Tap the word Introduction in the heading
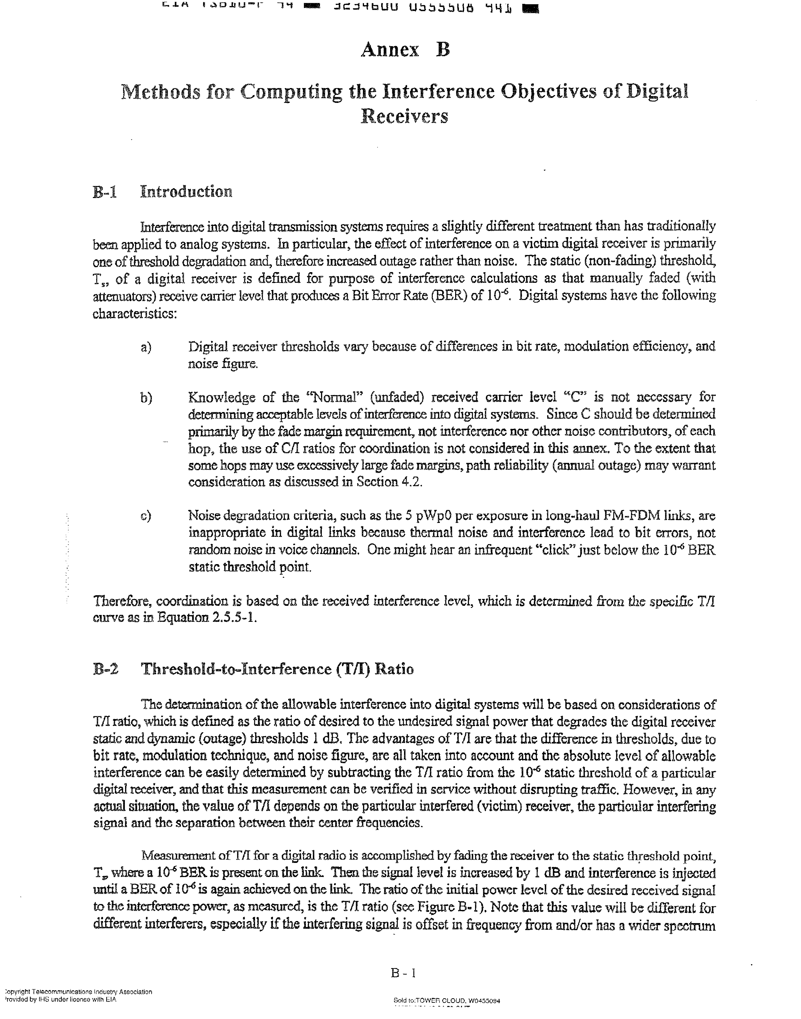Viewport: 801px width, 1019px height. point(186,192)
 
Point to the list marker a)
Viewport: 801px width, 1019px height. point(146,347)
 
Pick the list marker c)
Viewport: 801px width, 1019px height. point(146,516)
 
